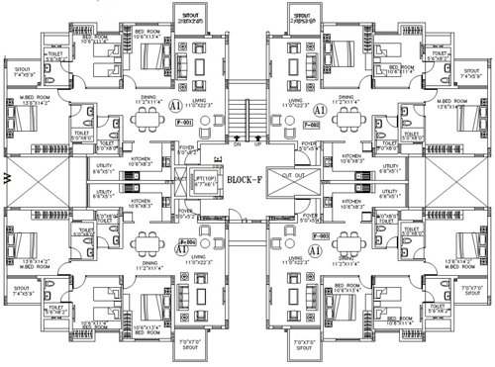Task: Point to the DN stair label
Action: pyautogui.click(x=237, y=144)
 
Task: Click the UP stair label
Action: pyautogui.click(x=256, y=144)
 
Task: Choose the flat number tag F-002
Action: pyautogui.click(x=310, y=126)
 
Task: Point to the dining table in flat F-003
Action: pyautogui.click(x=346, y=240)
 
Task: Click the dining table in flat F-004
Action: pyautogui.click(x=148, y=240)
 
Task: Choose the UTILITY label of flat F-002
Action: pyautogui.click(x=389, y=167)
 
